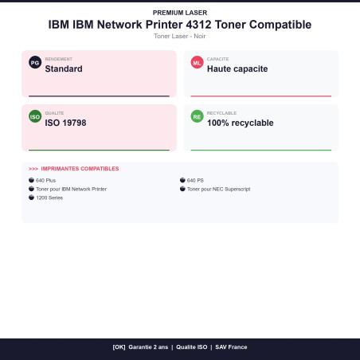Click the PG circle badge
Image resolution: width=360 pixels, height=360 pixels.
(x=35, y=62)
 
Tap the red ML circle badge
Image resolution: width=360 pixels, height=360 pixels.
(x=197, y=62)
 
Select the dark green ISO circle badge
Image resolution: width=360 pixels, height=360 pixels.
(x=35, y=116)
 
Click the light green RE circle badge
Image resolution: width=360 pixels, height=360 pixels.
(x=197, y=116)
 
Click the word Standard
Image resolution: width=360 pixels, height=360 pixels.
(x=64, y=68)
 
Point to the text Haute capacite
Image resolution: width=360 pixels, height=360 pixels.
(x=237, y=68)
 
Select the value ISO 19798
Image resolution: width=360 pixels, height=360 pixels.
(x=65, y=123)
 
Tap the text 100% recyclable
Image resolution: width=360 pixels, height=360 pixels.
(x=241, y=123)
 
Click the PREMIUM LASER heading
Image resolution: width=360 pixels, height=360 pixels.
(x=180, y=13)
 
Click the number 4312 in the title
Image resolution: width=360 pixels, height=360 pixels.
(x=198, y=25)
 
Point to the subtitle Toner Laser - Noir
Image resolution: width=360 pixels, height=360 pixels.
(x=180, y=36)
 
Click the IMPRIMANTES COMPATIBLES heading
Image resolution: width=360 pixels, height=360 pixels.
(x=80, y=169)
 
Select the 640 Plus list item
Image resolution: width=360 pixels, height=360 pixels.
(x=45, y=180)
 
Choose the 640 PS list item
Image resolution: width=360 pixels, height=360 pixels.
(x=195, y=180)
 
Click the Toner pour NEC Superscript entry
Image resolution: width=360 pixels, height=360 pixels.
(x=218, y=189)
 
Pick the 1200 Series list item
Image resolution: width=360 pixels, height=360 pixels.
(x=49, y=198)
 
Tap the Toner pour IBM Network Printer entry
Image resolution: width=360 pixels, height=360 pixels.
(x=71, y=189)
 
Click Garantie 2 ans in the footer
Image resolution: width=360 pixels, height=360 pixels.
(x=148, y=347)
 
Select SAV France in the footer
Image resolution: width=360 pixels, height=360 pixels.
(x=231, y=347)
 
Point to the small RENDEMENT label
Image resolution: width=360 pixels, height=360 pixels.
(x=59, y=59)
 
